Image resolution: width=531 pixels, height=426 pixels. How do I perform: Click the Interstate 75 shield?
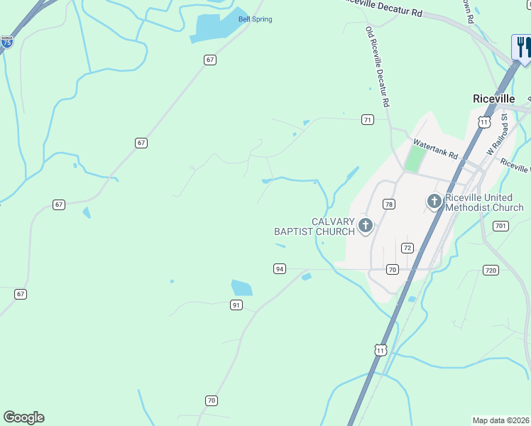click(6, 43)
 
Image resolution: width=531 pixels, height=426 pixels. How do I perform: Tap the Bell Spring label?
click(255, 19)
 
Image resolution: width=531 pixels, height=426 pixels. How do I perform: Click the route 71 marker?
click(367, 119)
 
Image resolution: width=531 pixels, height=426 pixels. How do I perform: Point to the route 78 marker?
click(388, 204)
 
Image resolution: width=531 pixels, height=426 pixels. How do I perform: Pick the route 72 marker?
click(407, 248)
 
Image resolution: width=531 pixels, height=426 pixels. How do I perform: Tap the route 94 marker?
click(280, 268)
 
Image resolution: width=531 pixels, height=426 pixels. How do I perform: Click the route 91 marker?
click(236, 305)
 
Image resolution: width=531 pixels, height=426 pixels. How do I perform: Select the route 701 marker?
click(501, 226)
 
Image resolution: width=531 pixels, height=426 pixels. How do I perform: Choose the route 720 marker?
click(490, 271)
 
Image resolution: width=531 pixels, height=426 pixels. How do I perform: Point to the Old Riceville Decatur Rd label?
click(378, 67)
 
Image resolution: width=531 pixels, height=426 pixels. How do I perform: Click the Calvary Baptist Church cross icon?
click(365, 226)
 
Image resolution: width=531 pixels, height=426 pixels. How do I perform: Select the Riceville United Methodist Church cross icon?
click(434, 202)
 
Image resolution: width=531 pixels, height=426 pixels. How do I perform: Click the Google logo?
click(23, 417)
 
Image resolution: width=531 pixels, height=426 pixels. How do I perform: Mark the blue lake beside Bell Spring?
click(213, 28)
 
